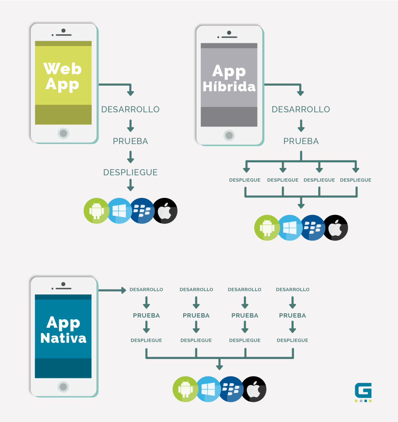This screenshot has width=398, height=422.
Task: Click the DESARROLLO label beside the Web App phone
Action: click(x=130, y=109)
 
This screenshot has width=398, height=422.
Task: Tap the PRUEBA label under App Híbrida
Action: click(x=301, y=141)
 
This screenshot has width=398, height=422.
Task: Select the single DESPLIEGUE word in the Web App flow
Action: click(x=130, y=172)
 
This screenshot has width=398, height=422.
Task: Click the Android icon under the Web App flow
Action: click(x=96, y=211)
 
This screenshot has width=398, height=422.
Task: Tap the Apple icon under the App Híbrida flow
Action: click(x=336, y=228)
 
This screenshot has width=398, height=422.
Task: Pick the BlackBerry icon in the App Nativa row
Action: click(x=231, y=389)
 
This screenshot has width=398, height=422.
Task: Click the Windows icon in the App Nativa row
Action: click(x=208, y=389)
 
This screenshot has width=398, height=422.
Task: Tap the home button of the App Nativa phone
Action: click(x=63, y=387)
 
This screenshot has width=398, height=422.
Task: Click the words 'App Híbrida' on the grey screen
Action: click(x=229, y=78)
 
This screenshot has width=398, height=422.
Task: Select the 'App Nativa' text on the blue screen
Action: click(x=63, y=330)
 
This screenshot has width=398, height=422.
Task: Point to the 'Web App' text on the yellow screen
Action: click(x=62, y=76)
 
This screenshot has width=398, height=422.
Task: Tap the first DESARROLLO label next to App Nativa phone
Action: click(x=146, y=289)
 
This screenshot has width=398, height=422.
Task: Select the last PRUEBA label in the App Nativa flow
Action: click(x=292, y=315)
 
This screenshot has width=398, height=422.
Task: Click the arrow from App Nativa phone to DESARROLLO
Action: click(x=113, y=290)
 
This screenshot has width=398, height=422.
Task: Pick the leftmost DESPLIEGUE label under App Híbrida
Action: click(x=245, y=180)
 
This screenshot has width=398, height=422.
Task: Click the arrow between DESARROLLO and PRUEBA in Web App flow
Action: click(x=130, y=125)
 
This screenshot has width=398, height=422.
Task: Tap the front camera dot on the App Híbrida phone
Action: click(x=229, y=33)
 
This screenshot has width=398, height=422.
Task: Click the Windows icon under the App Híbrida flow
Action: click(x=290, y=228)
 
